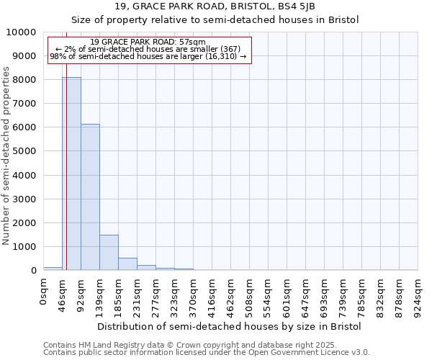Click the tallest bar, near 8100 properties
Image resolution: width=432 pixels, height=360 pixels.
click(71, 174)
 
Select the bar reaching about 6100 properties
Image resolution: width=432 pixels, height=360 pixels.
click(90, 197)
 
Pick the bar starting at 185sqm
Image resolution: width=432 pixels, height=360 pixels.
click(127, 264)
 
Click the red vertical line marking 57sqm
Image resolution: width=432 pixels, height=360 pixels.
click(66, 144)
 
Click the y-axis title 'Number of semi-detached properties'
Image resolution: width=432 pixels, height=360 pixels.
click(6, 156)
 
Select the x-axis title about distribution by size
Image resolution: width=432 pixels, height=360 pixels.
click(229, 326)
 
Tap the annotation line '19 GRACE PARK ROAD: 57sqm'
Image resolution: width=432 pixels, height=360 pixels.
click(149, 42)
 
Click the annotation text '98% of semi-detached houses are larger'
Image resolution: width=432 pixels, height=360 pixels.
click(148, 57)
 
